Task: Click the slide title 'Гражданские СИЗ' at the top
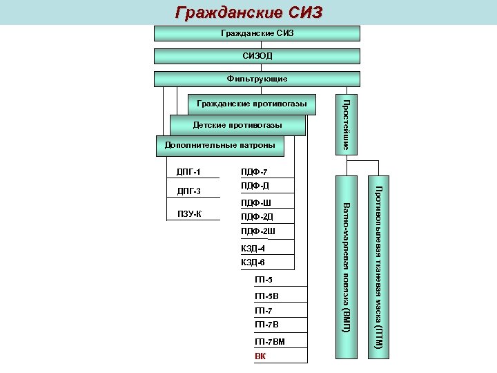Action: pyautogui.click(x=248, y=12)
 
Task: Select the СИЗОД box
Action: pyautogui.click(x=256, y=56)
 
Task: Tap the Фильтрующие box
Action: pyautogui.click(x=256, y=79)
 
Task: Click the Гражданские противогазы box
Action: pyautogui.click(x=252, y=104)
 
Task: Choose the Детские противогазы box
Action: pyautogui.click(x=237, y=125)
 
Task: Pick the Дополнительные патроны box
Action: pyautogui.click(x=220, y=145)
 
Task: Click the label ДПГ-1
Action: pyautogui.click(x=188, y=172)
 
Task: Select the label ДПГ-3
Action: pyautogui.click(x=188, y=191)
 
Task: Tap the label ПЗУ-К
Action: pyautogui.click(x=189, y=213)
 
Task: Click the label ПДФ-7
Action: pyautogui.click(x=254, y=172)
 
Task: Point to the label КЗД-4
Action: pyautogui.click(x=253, y=248)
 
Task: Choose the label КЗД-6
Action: pyautogui.click(x=253, y=262)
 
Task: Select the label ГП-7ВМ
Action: pyautogui.click(x=269, y=342)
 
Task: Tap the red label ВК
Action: pyautogui.click(x=260, y=356)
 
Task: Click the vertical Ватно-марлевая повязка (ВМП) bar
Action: pyautogui.click(x=347, y=268)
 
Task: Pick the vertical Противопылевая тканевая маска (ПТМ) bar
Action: pyautogui.click(x=378, y=268)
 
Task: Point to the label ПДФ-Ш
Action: pyautogui.click(x=255, y=203)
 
